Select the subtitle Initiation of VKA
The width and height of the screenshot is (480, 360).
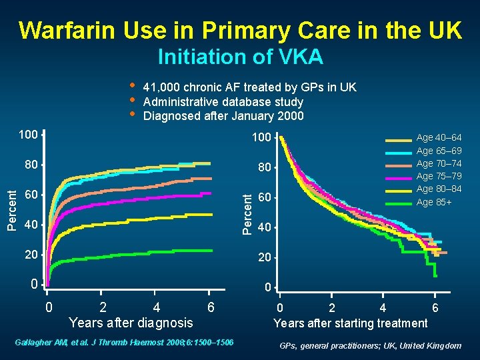click(x=240, y=57)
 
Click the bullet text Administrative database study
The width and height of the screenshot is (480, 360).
click(x=223, y=102)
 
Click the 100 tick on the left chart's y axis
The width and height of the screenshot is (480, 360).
click(x=28, y=135)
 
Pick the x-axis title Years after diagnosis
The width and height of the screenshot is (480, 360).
click(x=131, y=323)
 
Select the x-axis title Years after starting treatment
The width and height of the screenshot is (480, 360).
click(x=351, y=323)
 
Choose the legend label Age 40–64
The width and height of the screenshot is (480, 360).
click(x=439, y=138)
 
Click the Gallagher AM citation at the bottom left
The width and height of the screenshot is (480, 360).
click(x=124, y=342)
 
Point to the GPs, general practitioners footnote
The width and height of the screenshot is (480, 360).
click(x=370, y=345)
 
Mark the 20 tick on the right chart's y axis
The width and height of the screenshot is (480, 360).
click(x=265, y=258)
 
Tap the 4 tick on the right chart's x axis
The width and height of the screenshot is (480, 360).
click(x=383, y=308)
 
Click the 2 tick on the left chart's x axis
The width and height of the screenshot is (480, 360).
click(x=101, y=307)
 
